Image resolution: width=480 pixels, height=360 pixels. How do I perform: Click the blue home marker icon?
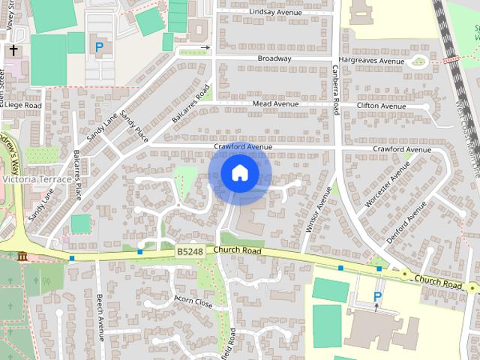(240, 173)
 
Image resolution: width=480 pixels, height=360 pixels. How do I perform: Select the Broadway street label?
(274, 58)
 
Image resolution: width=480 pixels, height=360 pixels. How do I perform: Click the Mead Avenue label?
(275, 103)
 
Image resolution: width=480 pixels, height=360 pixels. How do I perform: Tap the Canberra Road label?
(337, 88)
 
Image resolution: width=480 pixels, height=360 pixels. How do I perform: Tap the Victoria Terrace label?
(37, 180)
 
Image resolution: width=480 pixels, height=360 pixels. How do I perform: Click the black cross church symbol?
(13, 51)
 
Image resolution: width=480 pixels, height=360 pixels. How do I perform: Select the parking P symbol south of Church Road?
(377, 297)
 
